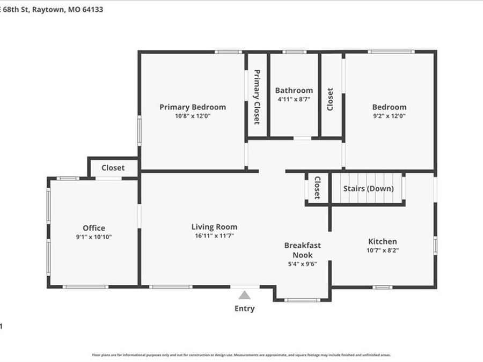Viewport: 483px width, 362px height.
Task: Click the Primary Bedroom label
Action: coord(192,107)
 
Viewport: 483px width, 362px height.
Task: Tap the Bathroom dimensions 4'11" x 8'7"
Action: coord(294,99)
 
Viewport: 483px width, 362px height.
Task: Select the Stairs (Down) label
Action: coord(368,188)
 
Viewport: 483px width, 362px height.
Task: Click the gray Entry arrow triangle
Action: coord(245,295)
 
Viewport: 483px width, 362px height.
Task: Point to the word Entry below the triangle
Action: coord(245,308)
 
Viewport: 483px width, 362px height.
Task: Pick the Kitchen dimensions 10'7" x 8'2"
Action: coord(382,250)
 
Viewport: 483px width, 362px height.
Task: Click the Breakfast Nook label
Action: coord(302,250)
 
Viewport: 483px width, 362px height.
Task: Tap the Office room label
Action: coord(94,228)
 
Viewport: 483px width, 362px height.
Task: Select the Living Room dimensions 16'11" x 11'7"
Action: coord(214,235)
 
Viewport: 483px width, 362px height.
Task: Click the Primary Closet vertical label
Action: coord(257,97)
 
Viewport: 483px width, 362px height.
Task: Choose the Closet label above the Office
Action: coord(113,167)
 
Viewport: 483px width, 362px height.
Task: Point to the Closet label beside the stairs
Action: coord(317,188)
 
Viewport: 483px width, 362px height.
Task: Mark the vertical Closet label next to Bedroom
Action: coord(330,99)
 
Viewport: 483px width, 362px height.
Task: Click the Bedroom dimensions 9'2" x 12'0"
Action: coord(389,115)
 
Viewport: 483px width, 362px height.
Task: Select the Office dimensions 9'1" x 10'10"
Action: coord(94,237)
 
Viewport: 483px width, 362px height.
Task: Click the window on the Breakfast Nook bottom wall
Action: coord(302,300)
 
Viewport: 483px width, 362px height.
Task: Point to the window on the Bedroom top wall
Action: coord(391,51)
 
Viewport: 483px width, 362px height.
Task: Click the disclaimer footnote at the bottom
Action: coord(241,354)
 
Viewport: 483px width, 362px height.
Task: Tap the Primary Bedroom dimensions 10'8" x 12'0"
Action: coord(192,115)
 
